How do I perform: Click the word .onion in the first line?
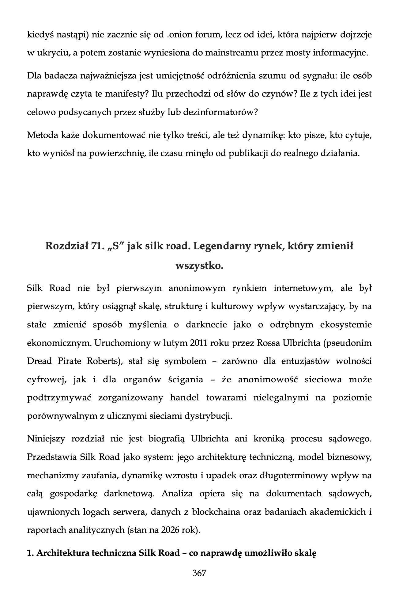(179, 35)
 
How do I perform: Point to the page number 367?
(199, 573)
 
